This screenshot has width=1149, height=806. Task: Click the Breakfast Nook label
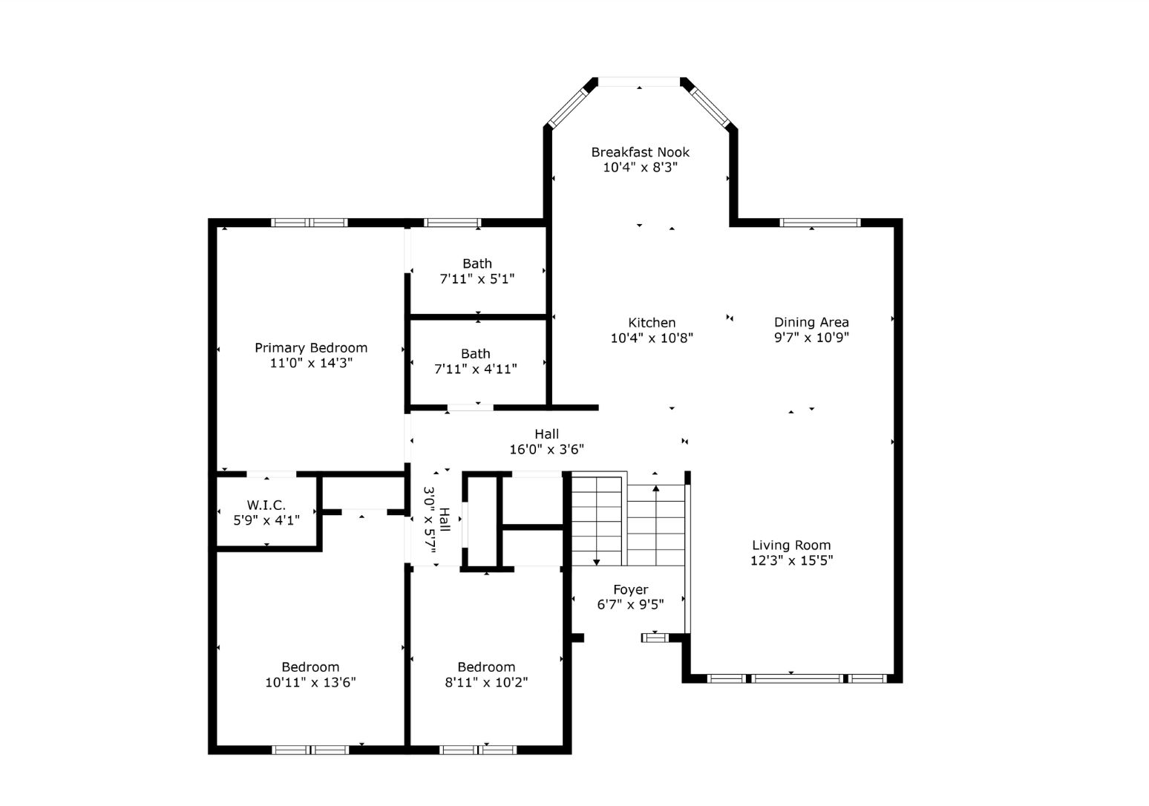[640, 152]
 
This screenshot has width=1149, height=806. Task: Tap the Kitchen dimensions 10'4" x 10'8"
[652, 338]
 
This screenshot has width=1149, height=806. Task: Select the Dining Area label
[811, 322]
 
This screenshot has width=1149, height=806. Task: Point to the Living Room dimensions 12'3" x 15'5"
[791, 560]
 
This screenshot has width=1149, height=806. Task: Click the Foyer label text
[630, 590]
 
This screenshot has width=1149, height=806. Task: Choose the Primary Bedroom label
[311, 348]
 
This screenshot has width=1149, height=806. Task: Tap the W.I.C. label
[266, 505]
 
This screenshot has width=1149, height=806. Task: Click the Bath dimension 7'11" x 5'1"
[477, 279]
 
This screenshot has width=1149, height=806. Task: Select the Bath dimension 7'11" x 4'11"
[476, 370]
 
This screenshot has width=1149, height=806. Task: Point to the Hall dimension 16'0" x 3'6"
[546, 450]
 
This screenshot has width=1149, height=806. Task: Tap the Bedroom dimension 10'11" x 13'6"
[310, 682]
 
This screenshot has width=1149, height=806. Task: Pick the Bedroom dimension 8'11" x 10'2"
[486, 682]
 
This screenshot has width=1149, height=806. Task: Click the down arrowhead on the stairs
[596, 563]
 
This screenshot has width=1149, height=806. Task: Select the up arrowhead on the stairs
[655, 488]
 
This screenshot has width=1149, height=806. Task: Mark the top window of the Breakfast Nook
[639, 82]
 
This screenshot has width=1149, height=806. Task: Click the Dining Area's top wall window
[819, 223]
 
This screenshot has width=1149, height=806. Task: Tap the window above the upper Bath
[452, 223]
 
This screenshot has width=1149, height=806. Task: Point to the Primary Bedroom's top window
[310, 223]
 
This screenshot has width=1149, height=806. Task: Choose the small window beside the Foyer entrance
[655, 638]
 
